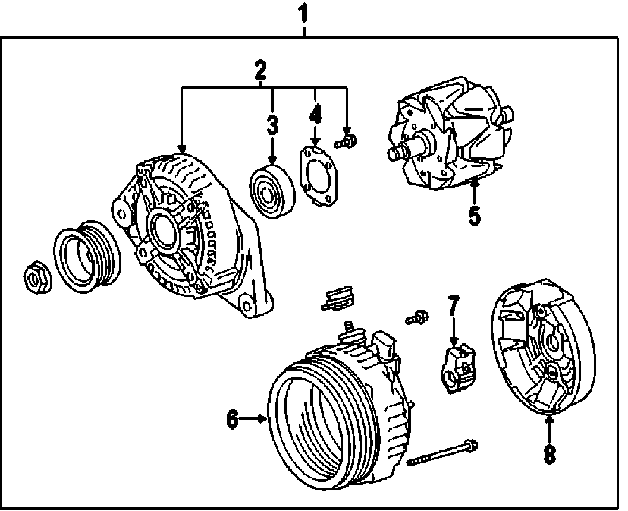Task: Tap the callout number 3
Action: coord(272,125)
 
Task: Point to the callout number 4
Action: coord(315,113)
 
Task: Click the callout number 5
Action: coord(473,215)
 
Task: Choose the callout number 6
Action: coord(233,419)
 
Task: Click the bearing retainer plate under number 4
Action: coord(317,176)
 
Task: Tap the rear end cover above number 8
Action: coord(541,351)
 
